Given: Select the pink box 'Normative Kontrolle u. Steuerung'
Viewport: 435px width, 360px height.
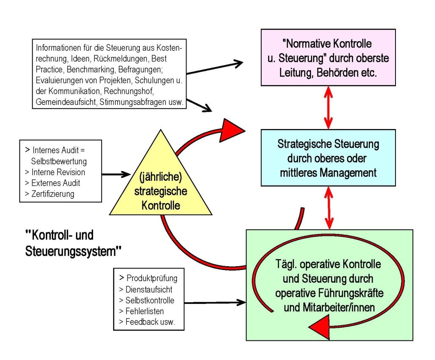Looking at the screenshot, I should coord(328,57).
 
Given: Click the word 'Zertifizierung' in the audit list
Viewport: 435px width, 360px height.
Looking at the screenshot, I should coord(53,194).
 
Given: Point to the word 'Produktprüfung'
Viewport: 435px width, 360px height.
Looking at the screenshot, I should coord(152,278).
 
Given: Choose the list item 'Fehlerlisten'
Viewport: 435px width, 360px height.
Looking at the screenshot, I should coord(144,311).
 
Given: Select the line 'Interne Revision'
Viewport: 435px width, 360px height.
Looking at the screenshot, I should coord(58,172).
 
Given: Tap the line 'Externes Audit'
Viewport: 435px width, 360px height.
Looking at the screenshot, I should coord(55,183).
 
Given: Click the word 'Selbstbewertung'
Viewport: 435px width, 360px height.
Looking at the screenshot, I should coord(59,161).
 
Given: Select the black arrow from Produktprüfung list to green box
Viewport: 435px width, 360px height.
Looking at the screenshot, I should coord(215,303).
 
